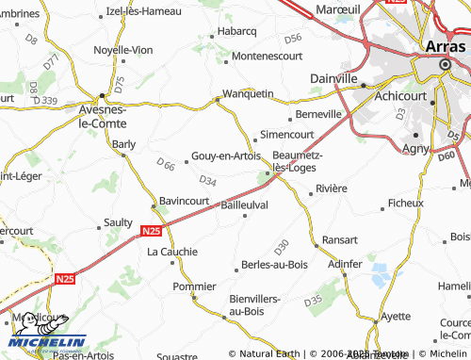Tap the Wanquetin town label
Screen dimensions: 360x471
pos(247,93)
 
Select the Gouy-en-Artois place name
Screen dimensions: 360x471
pos(225,156)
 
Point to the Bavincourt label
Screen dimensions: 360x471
pos(184,201)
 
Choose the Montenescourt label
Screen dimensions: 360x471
pos(267,57)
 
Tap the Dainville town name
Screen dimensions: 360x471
pos(334,78)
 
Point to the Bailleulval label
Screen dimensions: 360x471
pos(245,204)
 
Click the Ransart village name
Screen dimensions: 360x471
pos(340,239)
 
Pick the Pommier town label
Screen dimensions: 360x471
pos(195,286)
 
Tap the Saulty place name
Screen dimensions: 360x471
pos(119,222)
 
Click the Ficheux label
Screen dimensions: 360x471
pos(406,203)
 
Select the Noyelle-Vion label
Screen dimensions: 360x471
pos(123,49)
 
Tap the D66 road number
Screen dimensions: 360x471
pos(166,166)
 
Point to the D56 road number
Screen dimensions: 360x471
pos(292,39)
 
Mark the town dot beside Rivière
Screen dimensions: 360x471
pos(310,188)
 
